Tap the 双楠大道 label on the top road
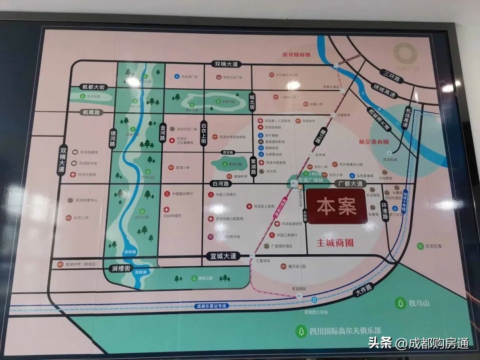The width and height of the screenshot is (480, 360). pos(227,64)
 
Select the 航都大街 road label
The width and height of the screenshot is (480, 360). pos(93,87)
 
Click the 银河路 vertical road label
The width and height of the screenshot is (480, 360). pos(113,140)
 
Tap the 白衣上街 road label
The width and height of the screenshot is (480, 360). pos(204,133)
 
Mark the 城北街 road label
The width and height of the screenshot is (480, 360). pos(252,102)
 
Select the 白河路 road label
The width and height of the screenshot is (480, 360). pos(220,183)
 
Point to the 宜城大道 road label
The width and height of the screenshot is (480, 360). pos(223,256)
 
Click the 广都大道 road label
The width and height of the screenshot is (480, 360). pos(350,184)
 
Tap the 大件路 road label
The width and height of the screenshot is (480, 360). pos(363,291)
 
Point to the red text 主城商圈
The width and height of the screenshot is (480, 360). pos(335,244)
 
